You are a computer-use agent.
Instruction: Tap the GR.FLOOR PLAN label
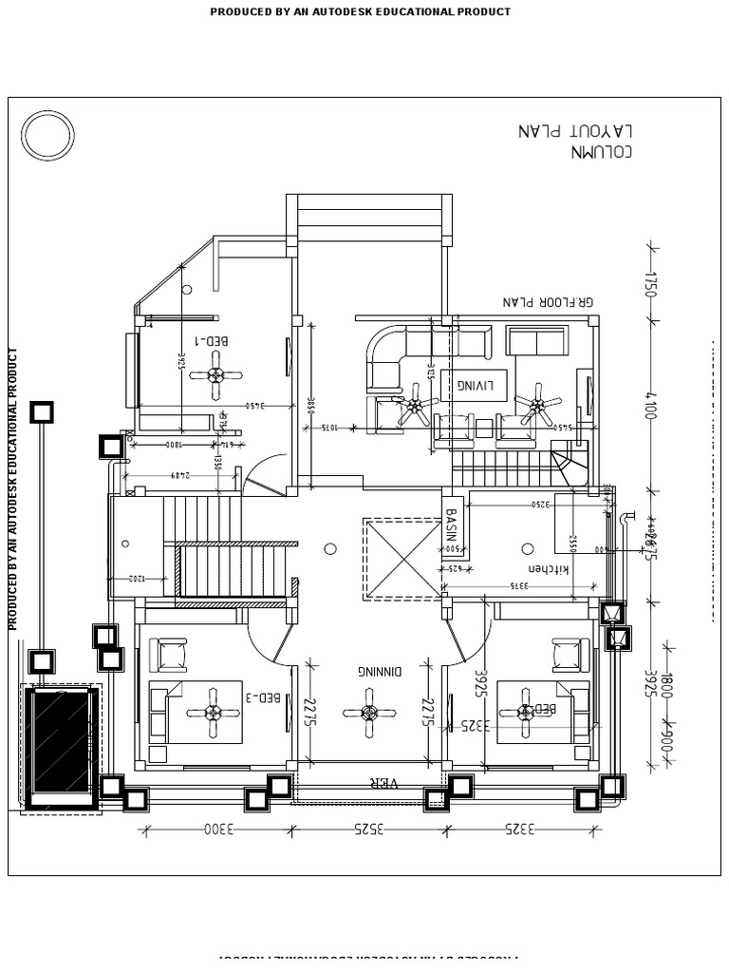point(548,302)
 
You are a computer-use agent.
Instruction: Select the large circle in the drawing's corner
point(48,136)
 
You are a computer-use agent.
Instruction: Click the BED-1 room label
point(213,339)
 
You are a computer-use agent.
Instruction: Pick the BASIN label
point(452,528)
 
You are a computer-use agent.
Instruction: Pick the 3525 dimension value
point(369,830)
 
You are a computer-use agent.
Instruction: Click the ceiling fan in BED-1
point(216,374)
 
